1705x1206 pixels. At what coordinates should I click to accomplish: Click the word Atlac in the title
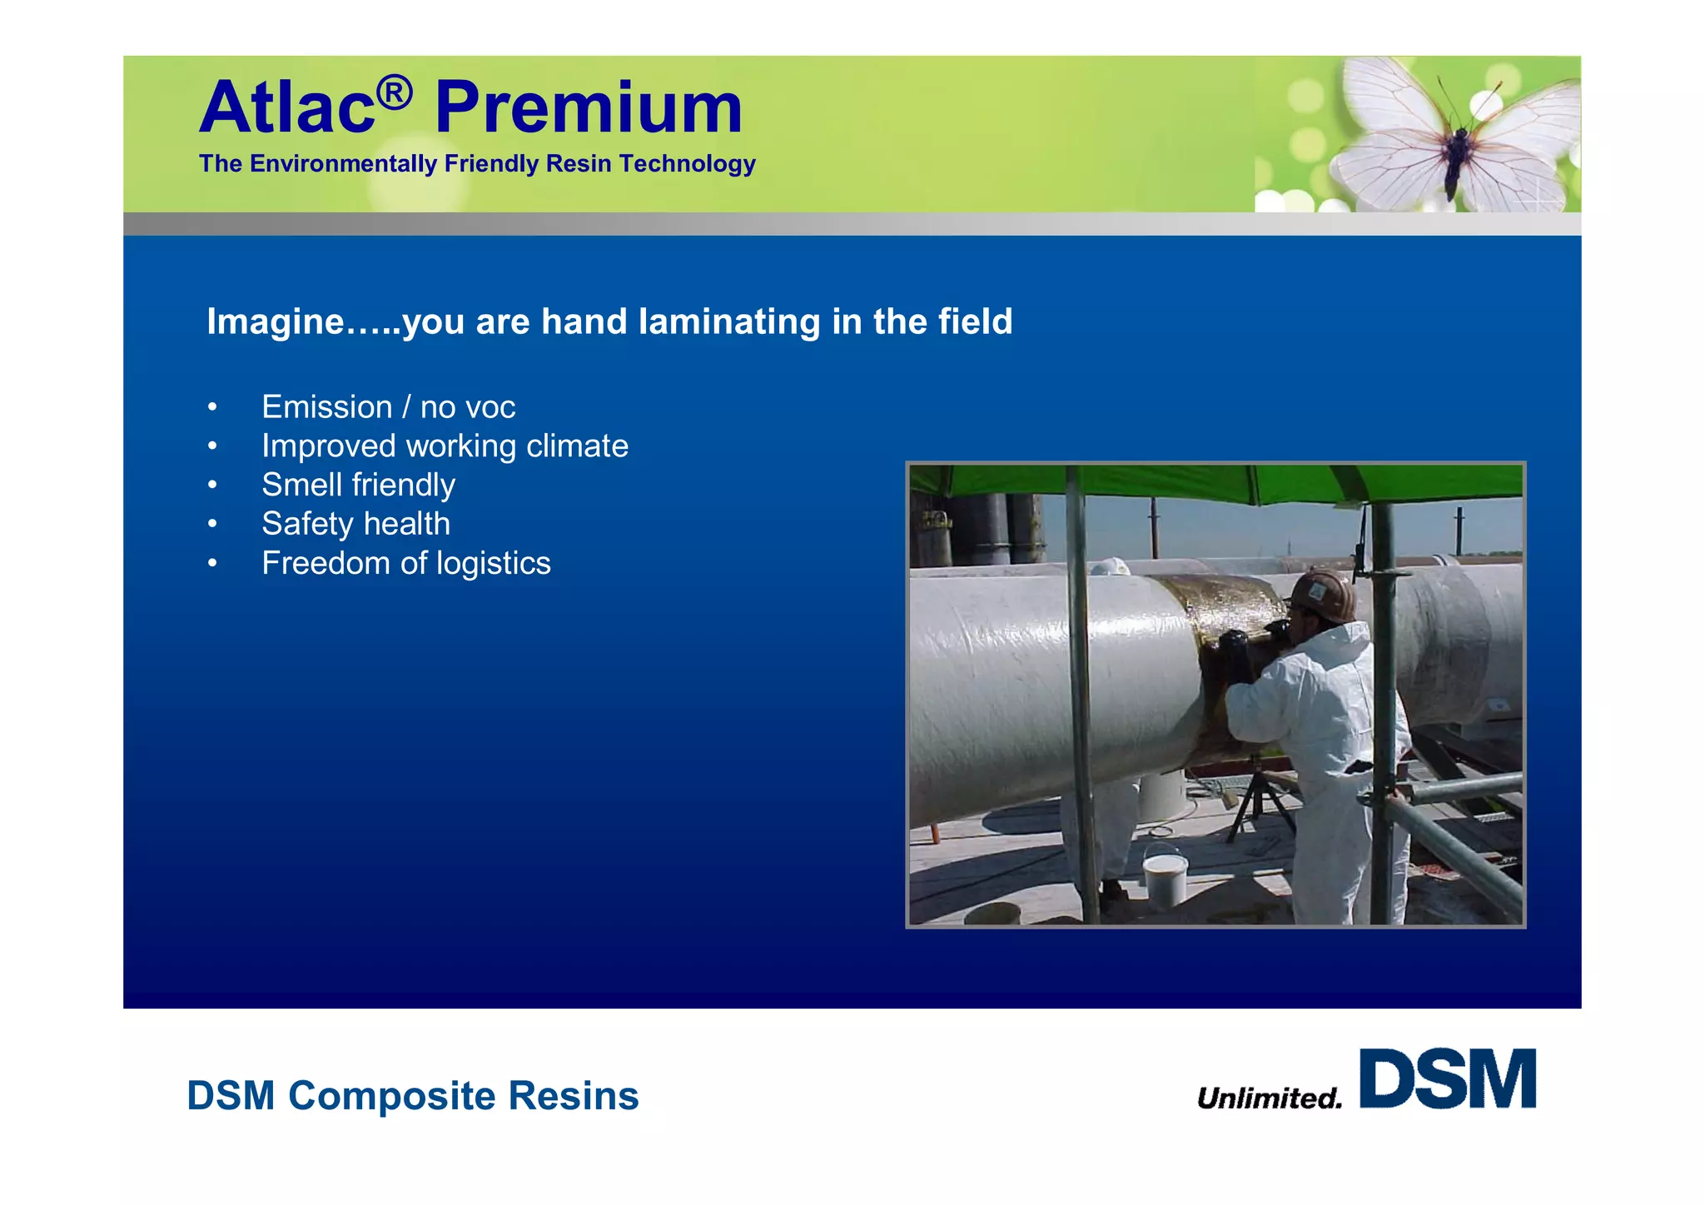(x=286, y=108)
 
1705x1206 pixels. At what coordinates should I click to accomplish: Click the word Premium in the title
(x=588, y=108)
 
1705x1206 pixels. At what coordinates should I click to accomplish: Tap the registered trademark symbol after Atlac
(x=394, y=92)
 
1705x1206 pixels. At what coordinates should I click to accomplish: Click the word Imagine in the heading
(x=275, y=322)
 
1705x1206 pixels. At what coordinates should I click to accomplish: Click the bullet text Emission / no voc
(x=388, y=407)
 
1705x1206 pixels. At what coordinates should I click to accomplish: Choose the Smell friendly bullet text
(x=358, y=485)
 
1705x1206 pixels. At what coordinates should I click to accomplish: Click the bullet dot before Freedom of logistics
(x=213, y=564)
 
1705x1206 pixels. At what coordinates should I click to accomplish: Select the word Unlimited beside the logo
(x=1270, y=1099)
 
